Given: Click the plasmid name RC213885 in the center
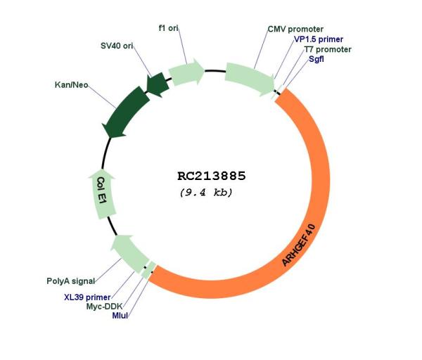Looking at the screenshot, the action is [x=212, y=176].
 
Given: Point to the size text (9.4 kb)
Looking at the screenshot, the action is [x=206, y=193].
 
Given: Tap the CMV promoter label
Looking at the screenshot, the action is [x=295, y=29].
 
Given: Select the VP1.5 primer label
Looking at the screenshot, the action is [x=319, y=39].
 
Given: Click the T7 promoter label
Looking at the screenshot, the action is [x=328, y=49].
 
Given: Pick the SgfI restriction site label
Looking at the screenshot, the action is [x=316, y=59].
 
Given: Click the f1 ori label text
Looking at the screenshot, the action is [x=169, y=28].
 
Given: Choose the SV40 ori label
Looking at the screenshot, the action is [x=117, y=46].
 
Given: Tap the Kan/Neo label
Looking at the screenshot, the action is [x=71, y=85].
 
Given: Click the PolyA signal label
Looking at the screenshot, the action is [x=71, y=281].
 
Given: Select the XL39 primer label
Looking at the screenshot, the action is [x=87, y=297].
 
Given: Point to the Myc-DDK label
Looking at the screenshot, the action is [x=104, y=306].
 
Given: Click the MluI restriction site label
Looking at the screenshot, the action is [x=120, y=315].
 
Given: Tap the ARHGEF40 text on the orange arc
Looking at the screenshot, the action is [x=298, y=245].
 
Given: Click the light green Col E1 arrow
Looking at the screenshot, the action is [x=101, y=194].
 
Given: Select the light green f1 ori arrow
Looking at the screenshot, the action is [x=186, y=72].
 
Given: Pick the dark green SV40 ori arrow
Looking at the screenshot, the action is [x=158, y=84].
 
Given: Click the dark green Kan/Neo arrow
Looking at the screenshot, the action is [x=126, y=112].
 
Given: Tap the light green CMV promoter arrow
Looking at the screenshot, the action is [x=250, y=79].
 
